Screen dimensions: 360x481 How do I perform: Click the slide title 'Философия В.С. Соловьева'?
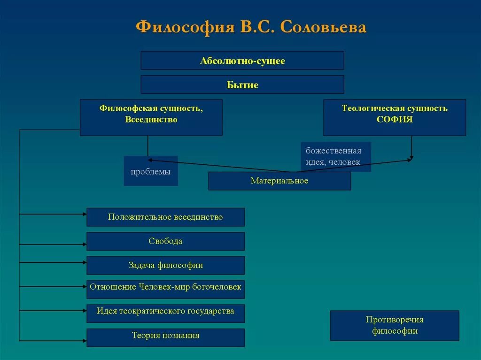(251, 27)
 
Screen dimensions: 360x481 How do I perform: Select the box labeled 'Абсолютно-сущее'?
(242, 61)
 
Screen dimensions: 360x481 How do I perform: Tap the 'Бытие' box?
(242, 85)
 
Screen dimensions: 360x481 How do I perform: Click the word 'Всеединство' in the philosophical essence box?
(151, 119)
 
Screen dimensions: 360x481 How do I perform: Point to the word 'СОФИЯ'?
(395, 119)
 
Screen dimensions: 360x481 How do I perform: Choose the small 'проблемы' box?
(151, 171)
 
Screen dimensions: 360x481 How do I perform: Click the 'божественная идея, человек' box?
(335, 156)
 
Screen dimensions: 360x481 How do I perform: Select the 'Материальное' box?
(279, 181)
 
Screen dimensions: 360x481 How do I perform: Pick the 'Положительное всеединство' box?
(165, 217)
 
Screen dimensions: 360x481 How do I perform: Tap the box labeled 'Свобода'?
(165, 241)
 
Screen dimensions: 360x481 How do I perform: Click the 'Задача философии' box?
(165, 265)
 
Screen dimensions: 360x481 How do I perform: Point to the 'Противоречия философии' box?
(395, 325)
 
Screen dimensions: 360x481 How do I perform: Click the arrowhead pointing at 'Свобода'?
(84, 244)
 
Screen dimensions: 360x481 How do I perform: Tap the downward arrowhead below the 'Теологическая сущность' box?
(412, 158)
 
